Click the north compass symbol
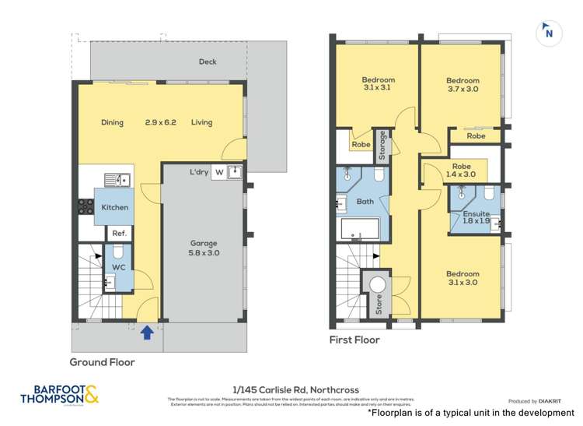tap(549, 32)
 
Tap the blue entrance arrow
tap(146, 333)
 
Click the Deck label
tap(208, 62)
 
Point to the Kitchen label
tap(114, 207)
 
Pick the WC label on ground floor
tap(118, 266)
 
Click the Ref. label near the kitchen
tap(119, 233)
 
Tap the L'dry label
tap(199, 172)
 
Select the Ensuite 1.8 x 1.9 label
tap(476, 217)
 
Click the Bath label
tap(365, 202)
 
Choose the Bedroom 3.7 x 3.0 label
tap(463, 85)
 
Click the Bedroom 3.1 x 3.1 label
tap(379, 84)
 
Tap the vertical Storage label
tap(382, 145)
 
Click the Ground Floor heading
tap(102, 362)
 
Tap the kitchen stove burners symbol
tap(85, 207)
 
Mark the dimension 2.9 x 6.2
tap(161, 122)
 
